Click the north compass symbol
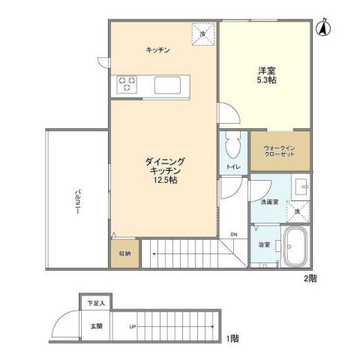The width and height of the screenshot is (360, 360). pos(324,28)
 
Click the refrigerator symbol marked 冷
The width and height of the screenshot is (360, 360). pos(204,34)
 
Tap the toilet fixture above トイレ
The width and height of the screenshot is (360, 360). pos(232,143)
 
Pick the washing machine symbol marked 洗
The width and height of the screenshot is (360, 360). pos(298,212)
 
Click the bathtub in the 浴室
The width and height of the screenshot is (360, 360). pos(292,247)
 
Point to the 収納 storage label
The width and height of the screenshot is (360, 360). pos(124,253)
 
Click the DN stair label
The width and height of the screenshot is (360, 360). pos(233,233)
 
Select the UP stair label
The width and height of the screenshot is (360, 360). pos(133,327)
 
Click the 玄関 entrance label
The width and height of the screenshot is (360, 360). pos(97,326)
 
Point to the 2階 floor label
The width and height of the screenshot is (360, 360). pos(310,278)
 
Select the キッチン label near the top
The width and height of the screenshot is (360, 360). pos(157,49)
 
